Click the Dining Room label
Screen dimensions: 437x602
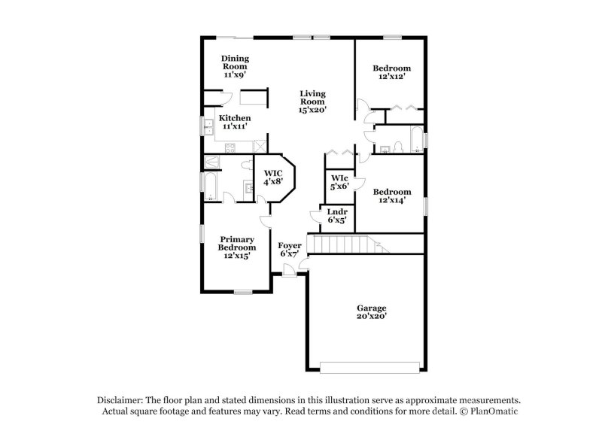(x=235, y=67)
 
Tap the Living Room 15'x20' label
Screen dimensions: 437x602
(x=312, y=101)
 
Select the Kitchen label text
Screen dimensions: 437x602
(x=235, y=123)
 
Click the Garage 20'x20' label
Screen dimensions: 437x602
(x=371, y=312)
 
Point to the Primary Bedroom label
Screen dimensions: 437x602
(x=237, y=247)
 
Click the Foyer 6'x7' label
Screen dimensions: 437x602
(x=290, y=249)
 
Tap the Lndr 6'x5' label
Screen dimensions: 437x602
(x=336, y=217)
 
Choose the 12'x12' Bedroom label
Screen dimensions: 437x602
(x=392, y=73)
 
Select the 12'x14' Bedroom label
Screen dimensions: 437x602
(x=392, y=196)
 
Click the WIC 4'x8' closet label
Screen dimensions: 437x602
(x=272, y=178)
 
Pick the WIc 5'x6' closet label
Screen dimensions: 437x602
(x=339, y=182)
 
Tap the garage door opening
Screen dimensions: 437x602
(x=370, y=368)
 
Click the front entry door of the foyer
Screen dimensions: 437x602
(x=289, y=274)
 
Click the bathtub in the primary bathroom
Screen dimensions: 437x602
(x=211, y=186)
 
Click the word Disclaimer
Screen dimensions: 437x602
(x=122, y=400)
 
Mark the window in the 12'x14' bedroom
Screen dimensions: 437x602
(x=425, y=205)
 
